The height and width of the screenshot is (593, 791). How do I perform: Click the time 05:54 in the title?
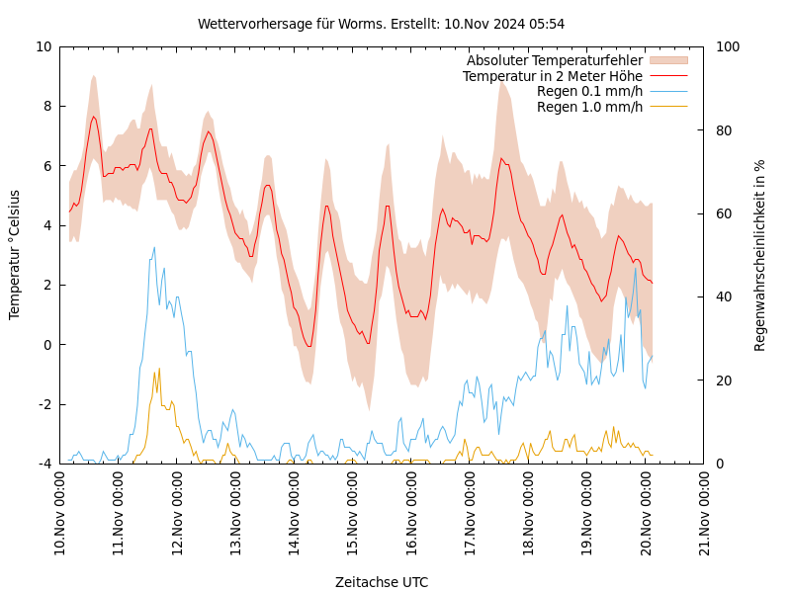(x=546, y=24)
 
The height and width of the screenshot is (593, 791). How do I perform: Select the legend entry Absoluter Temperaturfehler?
(x=554, y=61)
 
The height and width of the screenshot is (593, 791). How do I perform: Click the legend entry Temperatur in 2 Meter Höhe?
(x=552, y=76)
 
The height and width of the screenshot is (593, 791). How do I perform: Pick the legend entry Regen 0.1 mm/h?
(x=589, y=92)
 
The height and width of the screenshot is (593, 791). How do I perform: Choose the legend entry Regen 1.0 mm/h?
(x=589, y=107)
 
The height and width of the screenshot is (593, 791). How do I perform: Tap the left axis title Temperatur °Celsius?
(x=15, y=254)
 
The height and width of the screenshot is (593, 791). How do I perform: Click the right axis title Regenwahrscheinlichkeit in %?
(x=760, y=254)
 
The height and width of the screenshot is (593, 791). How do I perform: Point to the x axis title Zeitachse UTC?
(x=382, y=582)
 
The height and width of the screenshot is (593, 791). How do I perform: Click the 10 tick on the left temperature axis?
(x=44, y=46)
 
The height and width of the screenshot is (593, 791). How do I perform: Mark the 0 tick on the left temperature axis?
(x=47, y=345)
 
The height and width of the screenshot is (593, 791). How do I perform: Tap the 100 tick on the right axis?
(x=727, y=46)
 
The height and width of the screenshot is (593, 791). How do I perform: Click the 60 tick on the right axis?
(x=723, y=213)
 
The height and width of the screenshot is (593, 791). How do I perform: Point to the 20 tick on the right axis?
(x=723, y=381)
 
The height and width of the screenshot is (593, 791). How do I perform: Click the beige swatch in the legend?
(x=668, y=61)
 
